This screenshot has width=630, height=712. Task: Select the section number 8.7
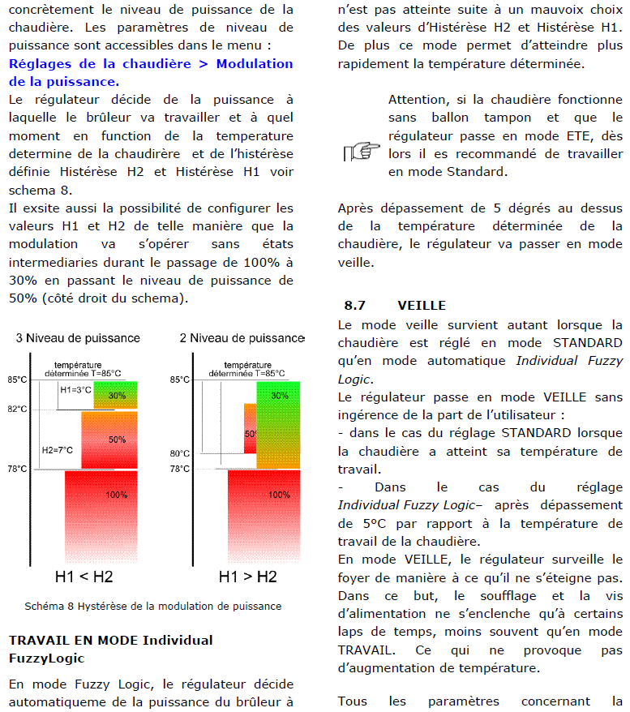(x=355, y=306)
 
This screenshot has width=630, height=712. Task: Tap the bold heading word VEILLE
(x=422, y=306)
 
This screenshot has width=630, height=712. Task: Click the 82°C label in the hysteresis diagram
(x=18, y=410)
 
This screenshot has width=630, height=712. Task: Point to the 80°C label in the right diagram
(x=180, y=453)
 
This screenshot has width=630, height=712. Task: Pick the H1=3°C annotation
(x=76, y=390)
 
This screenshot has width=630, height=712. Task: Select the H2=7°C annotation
(x=58, y=450)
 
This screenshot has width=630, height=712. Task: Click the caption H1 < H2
(x=84, y=577)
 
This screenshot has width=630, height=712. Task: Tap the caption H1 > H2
(x=247, y=577)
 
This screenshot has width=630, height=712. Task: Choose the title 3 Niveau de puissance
(x=78, y=338)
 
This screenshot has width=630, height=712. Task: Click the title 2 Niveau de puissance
(x=242, y=338)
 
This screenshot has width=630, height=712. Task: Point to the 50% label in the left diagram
(x=118, y=440)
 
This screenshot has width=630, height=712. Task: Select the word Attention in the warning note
(x=418, y=100)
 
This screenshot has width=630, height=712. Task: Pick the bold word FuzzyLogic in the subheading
(x=46, y=658)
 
